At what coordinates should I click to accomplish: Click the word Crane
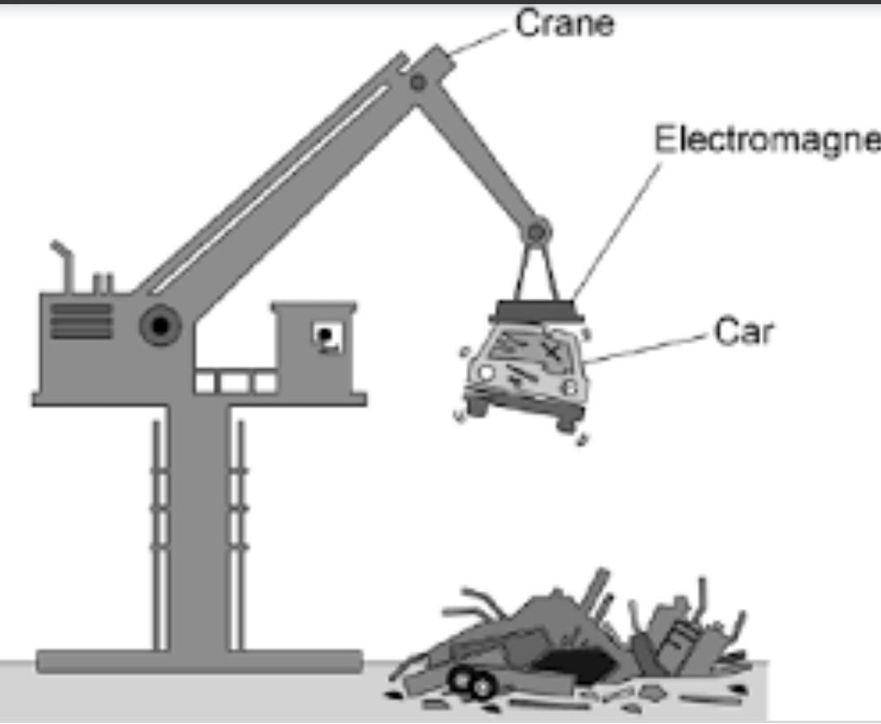point(565,23)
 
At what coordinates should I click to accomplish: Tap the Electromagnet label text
point(765,140)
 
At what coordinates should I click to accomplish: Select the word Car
point(744,333)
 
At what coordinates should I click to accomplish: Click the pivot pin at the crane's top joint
point(419,82)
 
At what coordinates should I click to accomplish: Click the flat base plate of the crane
point(199,660)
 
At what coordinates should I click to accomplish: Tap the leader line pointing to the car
point(645,348)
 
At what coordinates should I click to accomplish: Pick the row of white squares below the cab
point(236,383)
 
